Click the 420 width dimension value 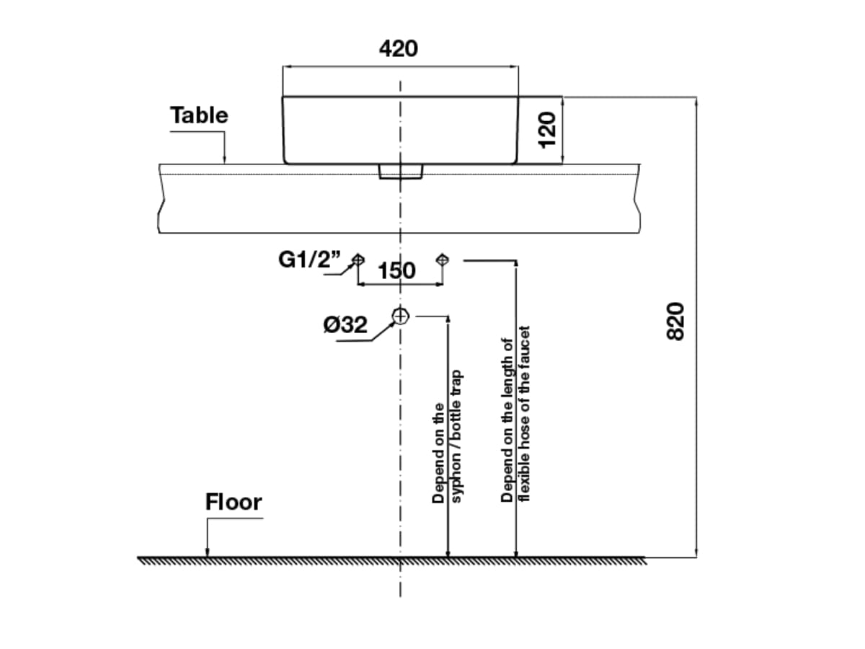coord(398,48)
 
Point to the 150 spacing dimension coord(396,270)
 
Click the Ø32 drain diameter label coord(345,325)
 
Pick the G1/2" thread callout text coord(310,260)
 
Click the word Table coord(199,115)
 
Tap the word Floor coord(234,502)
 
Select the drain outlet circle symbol coord(401,316)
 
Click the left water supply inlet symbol coord(358,260)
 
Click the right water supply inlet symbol coord(443,260)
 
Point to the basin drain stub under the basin coord(400,171)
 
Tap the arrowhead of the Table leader coord(224,160)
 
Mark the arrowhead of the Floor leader coord(207,553)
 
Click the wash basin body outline coord(400,130)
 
